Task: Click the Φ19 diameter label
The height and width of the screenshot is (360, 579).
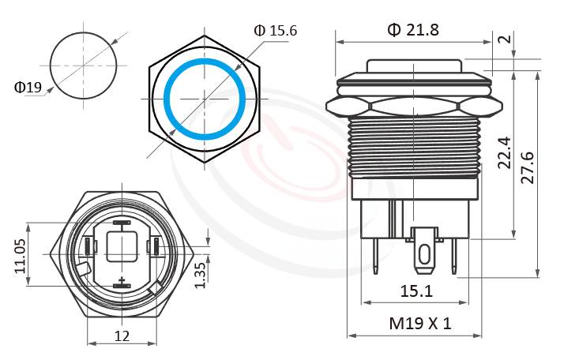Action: (28, 87)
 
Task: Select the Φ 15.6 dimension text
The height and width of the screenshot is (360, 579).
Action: (275, 30)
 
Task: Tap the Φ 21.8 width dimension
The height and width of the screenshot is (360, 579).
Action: (412, 30)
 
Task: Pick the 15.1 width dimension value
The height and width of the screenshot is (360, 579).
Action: (415, 291)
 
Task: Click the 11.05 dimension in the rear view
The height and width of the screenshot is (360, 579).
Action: (21, 257)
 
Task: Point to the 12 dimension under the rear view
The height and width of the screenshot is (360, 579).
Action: (122, 336)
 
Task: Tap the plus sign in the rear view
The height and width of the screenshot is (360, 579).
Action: (122, 282)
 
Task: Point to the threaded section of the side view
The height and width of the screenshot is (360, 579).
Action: (415, 145)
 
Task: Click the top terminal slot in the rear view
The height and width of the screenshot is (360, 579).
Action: (122, 223)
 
